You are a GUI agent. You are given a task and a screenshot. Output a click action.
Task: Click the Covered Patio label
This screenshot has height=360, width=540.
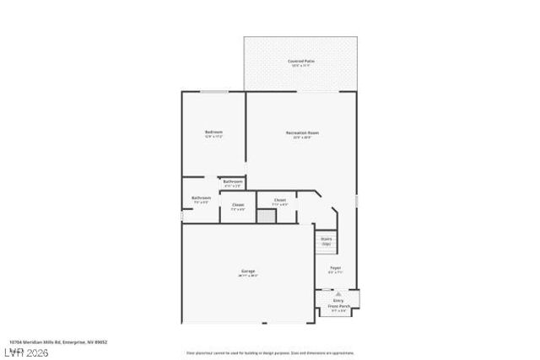point(300,61)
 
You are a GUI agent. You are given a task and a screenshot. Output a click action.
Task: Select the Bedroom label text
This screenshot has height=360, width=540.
point(213,132)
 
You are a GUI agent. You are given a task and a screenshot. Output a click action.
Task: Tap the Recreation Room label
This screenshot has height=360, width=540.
point(301,132)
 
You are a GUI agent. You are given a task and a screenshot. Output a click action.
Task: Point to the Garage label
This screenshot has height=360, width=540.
point(247,271)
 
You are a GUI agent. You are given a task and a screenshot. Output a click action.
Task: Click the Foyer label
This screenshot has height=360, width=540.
point(335,267)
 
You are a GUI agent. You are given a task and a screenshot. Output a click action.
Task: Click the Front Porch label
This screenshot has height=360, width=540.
point(337,304)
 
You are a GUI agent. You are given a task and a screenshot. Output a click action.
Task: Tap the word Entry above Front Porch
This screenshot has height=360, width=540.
point(337,299)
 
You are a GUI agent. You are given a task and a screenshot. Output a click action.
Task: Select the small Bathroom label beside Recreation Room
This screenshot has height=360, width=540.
point(232,181)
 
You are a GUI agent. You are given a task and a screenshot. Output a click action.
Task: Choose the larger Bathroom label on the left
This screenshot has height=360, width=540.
point(201,198)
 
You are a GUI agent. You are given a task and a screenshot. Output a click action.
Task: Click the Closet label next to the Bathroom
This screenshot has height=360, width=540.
point(238,205)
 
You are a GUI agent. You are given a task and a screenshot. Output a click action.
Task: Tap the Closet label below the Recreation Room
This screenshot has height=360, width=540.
point(280,200)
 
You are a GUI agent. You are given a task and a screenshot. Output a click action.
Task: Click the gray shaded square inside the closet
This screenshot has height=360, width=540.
point(266,217)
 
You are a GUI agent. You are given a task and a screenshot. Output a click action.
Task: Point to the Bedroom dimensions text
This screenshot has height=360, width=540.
point(213,137)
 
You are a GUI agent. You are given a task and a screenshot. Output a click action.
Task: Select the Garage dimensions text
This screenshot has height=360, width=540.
point(247,276)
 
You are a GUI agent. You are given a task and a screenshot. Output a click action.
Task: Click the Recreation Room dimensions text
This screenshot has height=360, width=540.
point(301,137)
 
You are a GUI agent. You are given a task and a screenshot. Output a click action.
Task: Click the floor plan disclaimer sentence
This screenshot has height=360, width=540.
point(270,352)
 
